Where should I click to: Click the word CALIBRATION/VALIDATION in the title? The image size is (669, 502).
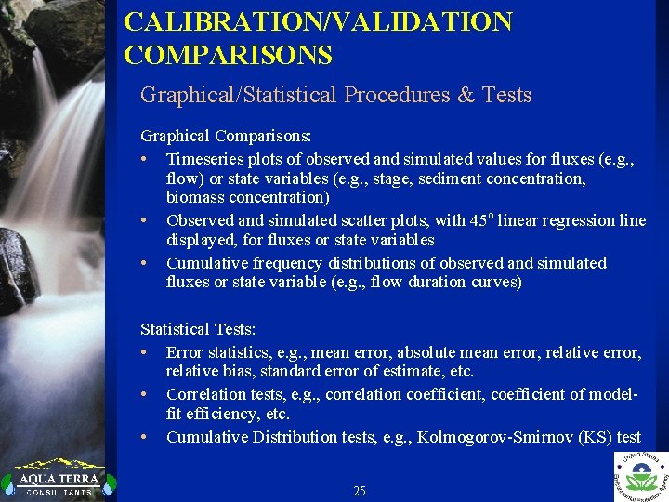[x=318, y=22]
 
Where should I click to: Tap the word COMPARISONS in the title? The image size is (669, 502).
[x=228, y=56]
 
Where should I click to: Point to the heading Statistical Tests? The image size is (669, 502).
[x=198, y=329]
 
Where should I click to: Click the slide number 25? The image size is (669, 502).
[x=360, y=491]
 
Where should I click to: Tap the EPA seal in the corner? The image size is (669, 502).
[x=641, y=476]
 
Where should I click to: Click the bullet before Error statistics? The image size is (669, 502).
[x=146, y=352]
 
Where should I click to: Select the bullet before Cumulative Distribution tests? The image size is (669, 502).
[x=146, y=437]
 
